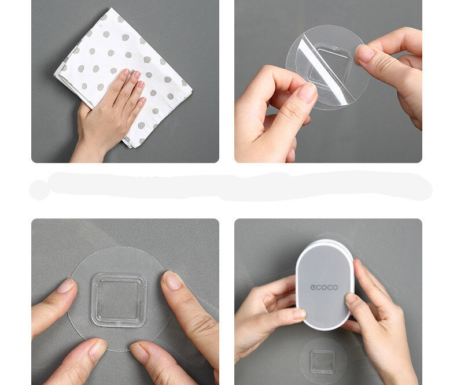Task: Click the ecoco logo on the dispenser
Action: (324, 287)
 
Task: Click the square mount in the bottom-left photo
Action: (119, 299)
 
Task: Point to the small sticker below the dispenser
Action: (322, 361)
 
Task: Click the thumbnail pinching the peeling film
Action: (307, 92)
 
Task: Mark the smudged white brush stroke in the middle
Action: (230, 186)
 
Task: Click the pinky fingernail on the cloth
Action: (143, 101)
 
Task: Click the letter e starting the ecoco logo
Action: (313, 287)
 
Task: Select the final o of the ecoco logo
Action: (335, 287)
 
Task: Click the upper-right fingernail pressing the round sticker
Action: (172, 280)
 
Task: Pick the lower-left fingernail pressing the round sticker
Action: (98, 349)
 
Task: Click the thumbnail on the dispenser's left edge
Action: (299, 314)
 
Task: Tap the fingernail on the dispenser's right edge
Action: (351, 298)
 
